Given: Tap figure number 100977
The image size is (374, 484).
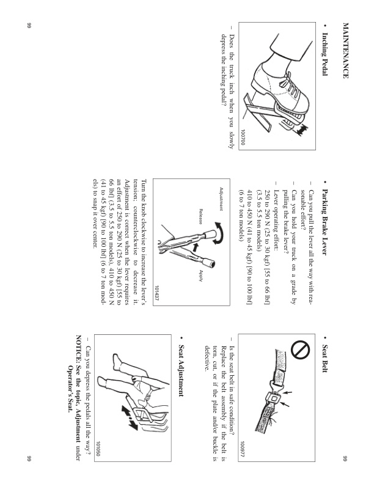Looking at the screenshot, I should pos(243,456).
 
